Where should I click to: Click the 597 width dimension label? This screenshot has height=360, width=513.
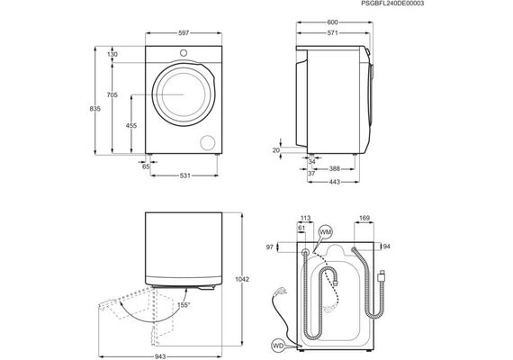coord(184,33)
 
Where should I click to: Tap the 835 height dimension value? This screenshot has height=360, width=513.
coord(94,109)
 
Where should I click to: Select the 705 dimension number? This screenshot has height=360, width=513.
coord(112,94)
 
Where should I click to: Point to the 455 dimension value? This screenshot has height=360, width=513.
coord(131,125)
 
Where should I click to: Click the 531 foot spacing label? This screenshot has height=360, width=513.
coord(184,175)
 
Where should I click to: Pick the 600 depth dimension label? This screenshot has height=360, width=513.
coord(332,22)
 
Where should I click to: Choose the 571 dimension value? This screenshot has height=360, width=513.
coord(332,32)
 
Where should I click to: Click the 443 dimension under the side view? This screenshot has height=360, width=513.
coord(335,182)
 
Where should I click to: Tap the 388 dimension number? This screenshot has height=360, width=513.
coord(335,169)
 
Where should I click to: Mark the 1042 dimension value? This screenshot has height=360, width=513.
coord(242,279)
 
